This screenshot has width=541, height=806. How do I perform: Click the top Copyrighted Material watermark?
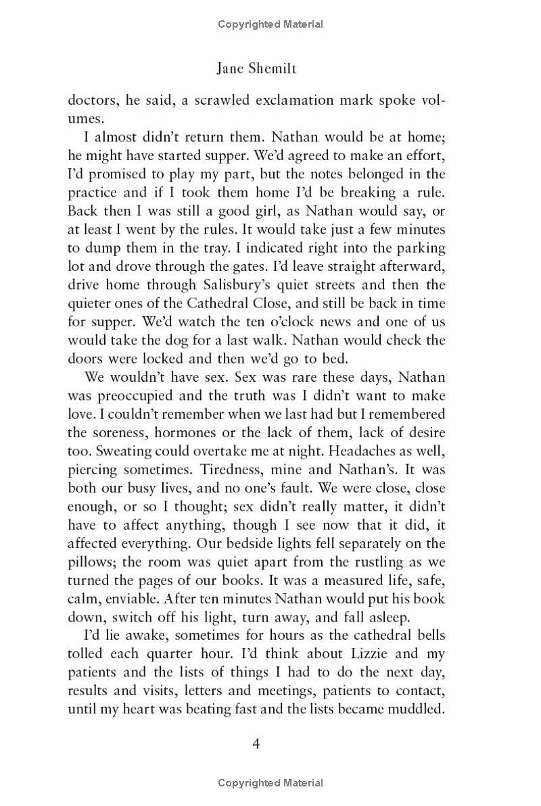click(x=270, y=24)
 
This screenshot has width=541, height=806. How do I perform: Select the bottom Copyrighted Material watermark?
click(x=270, y=783)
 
